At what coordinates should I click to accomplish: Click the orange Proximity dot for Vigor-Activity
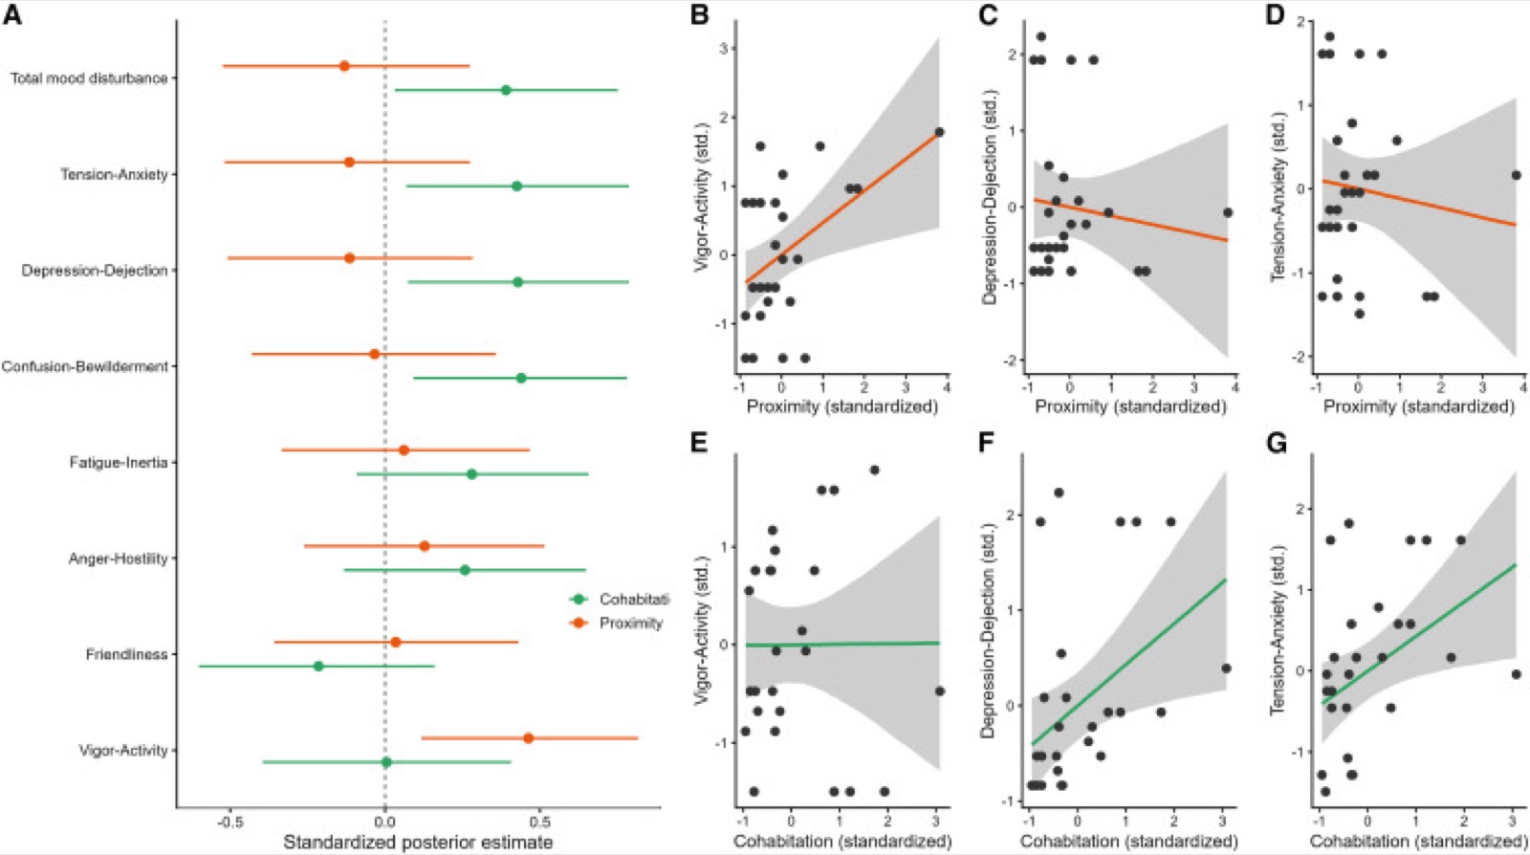[528, 738]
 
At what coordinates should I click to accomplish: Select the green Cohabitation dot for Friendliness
[318, 666]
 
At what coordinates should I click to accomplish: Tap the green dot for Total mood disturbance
[506, 90]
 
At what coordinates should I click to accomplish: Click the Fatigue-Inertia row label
[119, 462]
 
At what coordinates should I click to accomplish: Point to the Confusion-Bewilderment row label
[85, 366]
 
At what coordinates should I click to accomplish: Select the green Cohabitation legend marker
[579, 599]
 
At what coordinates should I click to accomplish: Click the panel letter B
[699, 14]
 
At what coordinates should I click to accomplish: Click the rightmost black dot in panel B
[939, 132]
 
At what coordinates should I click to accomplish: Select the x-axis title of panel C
[1130, 406]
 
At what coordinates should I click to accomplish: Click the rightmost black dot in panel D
[1517, 176]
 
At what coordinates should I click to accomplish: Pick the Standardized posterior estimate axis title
[417, 842]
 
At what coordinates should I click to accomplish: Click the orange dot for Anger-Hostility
[425, 546]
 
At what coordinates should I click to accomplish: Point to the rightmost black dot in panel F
[1226, 668]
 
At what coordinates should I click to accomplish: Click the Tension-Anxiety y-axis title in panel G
[1279, 629]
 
